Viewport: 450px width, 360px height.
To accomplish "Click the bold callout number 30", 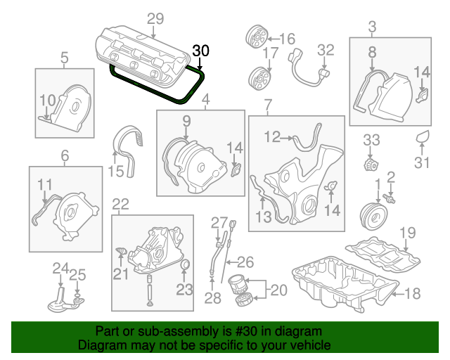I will coord(200,51).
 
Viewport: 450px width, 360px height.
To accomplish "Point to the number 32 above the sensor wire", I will coord(326,50).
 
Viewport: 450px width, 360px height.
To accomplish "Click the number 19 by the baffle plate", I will coord(408,233).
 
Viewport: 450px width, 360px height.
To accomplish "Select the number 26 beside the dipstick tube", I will coord(244,264).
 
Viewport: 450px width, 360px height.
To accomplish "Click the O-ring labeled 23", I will coord(186,265).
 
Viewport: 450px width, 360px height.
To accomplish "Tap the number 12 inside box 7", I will coord(272,137).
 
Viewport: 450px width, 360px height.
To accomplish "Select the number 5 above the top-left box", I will coord(64,58).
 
